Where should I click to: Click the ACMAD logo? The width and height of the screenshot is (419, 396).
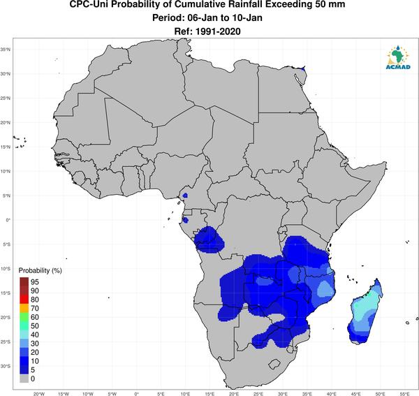pyautogui.click(x=398, y=57)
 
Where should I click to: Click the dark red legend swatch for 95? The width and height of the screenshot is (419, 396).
pyautogui.click(x=24, y=282)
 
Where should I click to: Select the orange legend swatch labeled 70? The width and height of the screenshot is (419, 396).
pyautogui.click(x=24, y=309)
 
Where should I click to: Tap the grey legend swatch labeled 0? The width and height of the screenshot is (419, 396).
pyautogui.click(x=24, y=379)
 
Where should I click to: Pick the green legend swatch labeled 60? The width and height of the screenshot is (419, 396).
pyautogui.click(x=24, y=317)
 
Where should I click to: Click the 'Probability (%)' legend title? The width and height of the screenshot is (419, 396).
pyautogui.click(x=40, y=271)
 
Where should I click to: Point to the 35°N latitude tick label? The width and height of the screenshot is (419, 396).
pyautogui.click(x=6, y=50)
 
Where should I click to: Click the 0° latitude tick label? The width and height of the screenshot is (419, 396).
pyautogui.click(x=8, y=220)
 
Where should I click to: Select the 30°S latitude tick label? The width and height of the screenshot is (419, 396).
pyautogui.click(x=6, y=366)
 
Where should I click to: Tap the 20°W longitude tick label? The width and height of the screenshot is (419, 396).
pyautogui.click(x=38, y=394)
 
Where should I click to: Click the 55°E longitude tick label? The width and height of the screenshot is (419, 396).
pyautogui.click(x=404, y=394)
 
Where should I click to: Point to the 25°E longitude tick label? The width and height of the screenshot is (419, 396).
pyautogui.click(x=258, y=394)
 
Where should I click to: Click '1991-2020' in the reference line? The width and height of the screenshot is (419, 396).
pyautogui.click(x=218, y=31)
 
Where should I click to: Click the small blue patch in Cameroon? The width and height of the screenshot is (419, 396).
pyautogui.click(x=185, y=196)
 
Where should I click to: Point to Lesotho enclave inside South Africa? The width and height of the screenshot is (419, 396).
pyautogui.click(x=274, y=364)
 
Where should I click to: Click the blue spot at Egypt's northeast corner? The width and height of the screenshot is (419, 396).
pyautogui.click(x=303, y=68)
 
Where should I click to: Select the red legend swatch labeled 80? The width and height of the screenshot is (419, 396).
pyautogui.click(x=24, y=300)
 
